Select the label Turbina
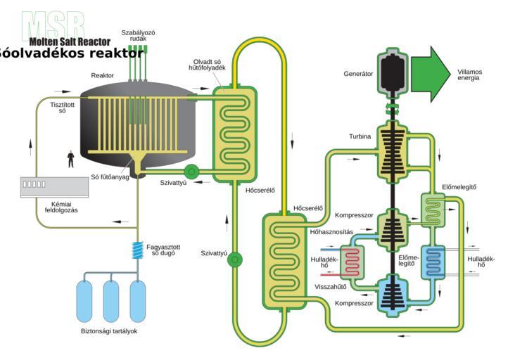click(x=360, y=136)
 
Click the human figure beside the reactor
click(x=70, y=158)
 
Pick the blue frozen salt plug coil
click(x=137, y=250)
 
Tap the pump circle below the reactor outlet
click(x=191, y=172)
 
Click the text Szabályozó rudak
click(x=138, y=35)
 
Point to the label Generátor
click(x=358, y=73)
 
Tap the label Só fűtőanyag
click(x=108, y=176)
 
